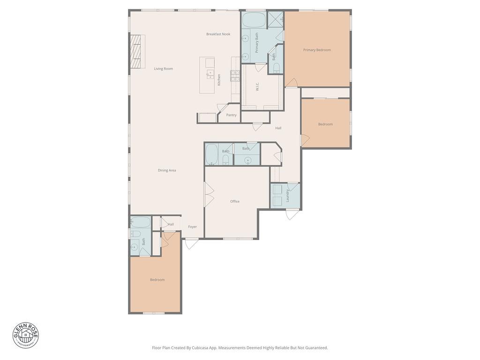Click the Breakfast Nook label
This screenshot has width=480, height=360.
(218, 34)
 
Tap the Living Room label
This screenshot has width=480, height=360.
(164, 69)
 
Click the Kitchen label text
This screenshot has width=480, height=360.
(219, 80)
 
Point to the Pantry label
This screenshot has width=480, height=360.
(231, 115)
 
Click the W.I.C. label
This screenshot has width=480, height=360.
(257, 87)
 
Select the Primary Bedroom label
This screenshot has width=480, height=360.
(317, 50)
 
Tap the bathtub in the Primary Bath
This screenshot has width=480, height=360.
(254, 20)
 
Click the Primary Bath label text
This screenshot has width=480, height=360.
(257, 43)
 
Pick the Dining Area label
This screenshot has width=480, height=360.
(167, 171)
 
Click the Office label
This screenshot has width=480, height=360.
(235, 202)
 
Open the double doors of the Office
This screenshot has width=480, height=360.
(208, 195)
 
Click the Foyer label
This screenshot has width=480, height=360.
(193, 227)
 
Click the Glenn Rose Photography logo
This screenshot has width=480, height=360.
(26, 335)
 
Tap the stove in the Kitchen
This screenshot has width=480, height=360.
(234, 76)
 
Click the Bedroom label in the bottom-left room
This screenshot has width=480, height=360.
(157, 280)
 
